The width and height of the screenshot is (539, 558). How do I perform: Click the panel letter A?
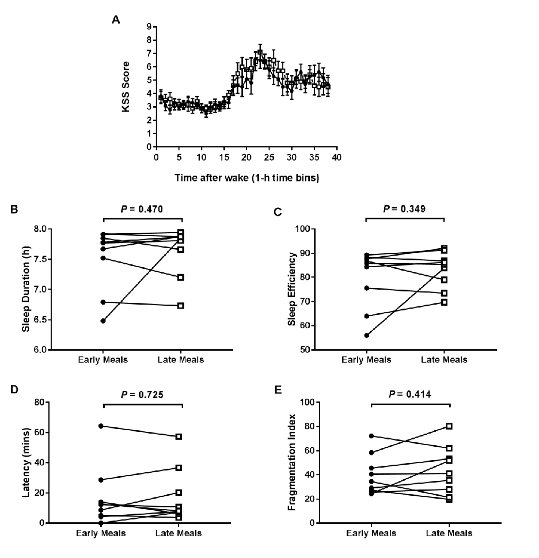click(116, 20)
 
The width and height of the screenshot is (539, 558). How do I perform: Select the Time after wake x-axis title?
click(246, 178)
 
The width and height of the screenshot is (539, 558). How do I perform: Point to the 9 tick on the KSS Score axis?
click(149, 26)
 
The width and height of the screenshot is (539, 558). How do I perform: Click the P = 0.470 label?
click(142, 210)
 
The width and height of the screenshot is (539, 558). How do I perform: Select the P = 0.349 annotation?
click(404, 208)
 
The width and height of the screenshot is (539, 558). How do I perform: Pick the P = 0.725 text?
click(142, 394)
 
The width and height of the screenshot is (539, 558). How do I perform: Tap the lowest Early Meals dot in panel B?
click(103, 321)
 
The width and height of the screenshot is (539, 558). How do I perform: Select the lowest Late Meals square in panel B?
click(181, 306)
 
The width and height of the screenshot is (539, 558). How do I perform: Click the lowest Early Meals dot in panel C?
click(366, 335)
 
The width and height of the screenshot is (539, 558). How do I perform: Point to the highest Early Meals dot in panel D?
click(101, 426)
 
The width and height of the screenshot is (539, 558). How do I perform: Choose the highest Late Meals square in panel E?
click(449, 426)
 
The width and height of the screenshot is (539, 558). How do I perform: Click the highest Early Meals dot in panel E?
click(371, 436)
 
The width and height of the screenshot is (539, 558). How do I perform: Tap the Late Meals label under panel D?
click(179, 533)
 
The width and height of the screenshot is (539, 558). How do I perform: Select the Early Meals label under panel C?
click(367, 360)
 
